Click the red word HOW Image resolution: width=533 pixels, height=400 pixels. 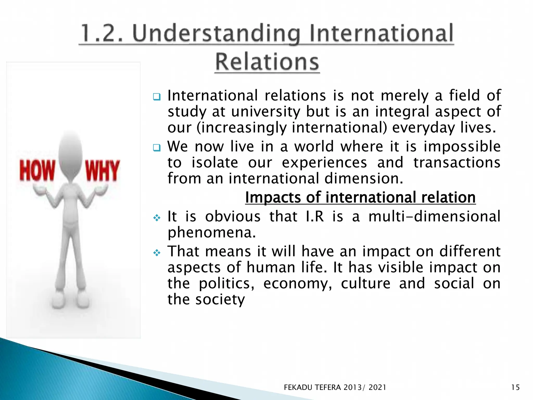click(37, 171)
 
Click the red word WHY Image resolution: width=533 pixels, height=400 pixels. click(103, 171)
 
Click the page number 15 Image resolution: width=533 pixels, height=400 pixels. click(515, 387)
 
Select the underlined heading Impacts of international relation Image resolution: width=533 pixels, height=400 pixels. click(360, 197)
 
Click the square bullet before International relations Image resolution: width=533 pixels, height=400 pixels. click(157, 97)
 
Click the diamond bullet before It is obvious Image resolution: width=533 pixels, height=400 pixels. click(157, 217)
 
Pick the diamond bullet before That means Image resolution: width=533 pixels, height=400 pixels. click(157, 252)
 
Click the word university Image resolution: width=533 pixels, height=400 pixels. click(265, 112)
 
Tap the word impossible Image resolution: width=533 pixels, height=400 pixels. click(462, 147)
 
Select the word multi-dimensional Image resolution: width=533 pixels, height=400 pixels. click(434, 217)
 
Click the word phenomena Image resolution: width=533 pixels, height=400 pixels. click(211, 233)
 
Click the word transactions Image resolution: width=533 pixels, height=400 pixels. click(457, 163)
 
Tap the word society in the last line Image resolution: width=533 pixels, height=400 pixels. click(220, 300)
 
